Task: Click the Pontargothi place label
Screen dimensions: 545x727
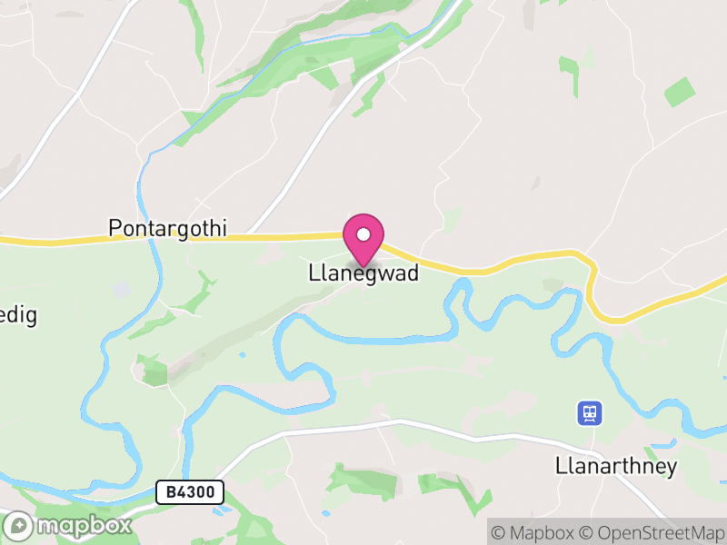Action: [x=167, y=227]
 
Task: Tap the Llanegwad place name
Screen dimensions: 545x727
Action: [x=363, y=272]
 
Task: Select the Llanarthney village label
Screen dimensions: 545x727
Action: [x=616, y=467]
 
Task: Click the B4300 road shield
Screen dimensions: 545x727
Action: [x=190, y=492]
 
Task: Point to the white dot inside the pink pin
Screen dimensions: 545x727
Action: [x=363, y=235]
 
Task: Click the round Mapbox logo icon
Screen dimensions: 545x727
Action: [x=18, y=526]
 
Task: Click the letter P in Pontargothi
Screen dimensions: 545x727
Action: [x=115, y=227]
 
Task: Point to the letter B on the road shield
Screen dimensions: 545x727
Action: [x=170, y=492]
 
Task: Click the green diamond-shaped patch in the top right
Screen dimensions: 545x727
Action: [x=679, y=92]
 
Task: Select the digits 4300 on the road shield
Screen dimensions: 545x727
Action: [x=196, y=492]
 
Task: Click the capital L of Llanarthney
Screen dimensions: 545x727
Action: [x=561, y=467]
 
